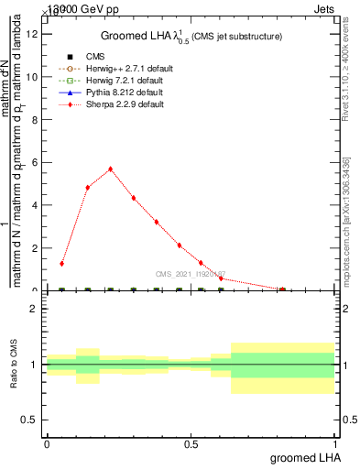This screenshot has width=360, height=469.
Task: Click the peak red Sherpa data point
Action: pos(111,169)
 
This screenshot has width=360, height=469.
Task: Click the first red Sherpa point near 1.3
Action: pos(62,264)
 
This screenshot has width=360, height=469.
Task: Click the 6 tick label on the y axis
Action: pos(34,162)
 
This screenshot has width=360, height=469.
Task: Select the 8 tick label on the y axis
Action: pos(34,120)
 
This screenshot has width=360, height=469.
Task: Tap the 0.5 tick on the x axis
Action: pos(191,444)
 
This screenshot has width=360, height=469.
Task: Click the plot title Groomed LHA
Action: pos(191,36)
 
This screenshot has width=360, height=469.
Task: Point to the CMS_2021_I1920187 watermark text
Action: pos(191,274)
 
